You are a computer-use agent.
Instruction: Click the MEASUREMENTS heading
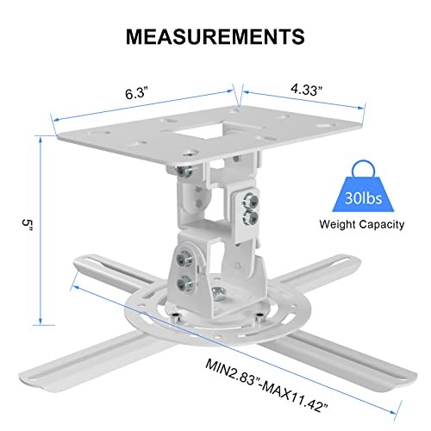pos(215,35)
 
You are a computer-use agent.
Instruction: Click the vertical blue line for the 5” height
pos(41,233)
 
